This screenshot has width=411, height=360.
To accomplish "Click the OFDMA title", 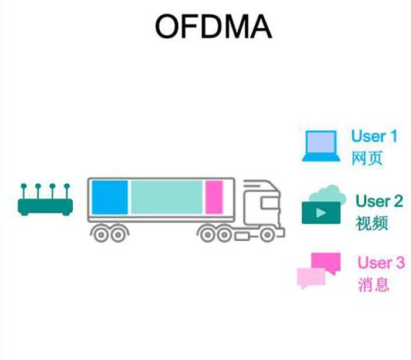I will coord(213,27).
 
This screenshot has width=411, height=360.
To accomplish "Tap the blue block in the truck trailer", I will coord(110,197).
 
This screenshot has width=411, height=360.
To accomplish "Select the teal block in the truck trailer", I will coord(166,197).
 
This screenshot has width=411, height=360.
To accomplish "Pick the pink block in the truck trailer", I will coord(214,197).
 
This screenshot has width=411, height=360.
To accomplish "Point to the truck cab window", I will coord(267,203).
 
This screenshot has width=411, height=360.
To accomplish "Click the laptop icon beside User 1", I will coord(321,146).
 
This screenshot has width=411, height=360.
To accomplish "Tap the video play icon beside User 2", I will coord(321,213).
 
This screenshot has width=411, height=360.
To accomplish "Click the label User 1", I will coord(374,136).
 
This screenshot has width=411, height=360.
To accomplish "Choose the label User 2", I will coord(379,201).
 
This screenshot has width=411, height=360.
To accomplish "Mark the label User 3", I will coord(381,262).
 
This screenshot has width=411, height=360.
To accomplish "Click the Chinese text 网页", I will coord(366,159).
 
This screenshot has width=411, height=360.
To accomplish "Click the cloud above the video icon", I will coord(326,194).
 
